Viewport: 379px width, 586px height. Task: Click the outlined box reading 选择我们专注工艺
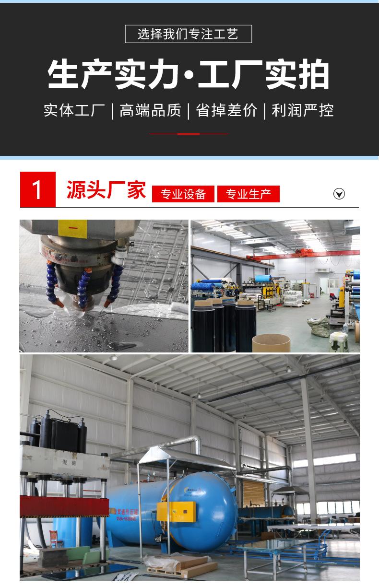pyautogui.click(x=188, y=34)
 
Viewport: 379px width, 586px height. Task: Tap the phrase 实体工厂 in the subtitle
pyautogui.click(x=74, y=111)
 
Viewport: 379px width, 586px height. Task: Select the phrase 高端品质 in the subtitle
pyautogui.click(x=150, y=111)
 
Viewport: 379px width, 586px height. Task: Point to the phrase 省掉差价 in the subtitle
pyautogui.click(x=226, y=111)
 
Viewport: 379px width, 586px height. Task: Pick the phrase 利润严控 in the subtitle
pyautogui.click(x=302, y=111)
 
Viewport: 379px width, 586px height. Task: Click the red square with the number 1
pyautogui.click(x=37, y=189)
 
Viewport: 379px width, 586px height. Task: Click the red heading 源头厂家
pyautogui.click(x=106, y=190)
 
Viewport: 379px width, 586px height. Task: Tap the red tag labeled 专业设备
pyautogui.click(x=183, y=194)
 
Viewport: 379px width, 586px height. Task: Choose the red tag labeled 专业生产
pyautogui.click(x=248, y=194)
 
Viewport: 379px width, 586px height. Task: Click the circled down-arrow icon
pyautogui.click(x=339, y=194)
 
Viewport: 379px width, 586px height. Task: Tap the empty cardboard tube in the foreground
pyautogui.click(x=271, y=342)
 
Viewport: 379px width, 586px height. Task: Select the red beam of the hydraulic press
pyautogui.click(x=64, y=506)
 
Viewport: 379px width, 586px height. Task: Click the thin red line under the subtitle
pyautogui.click(x=188, y=134)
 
